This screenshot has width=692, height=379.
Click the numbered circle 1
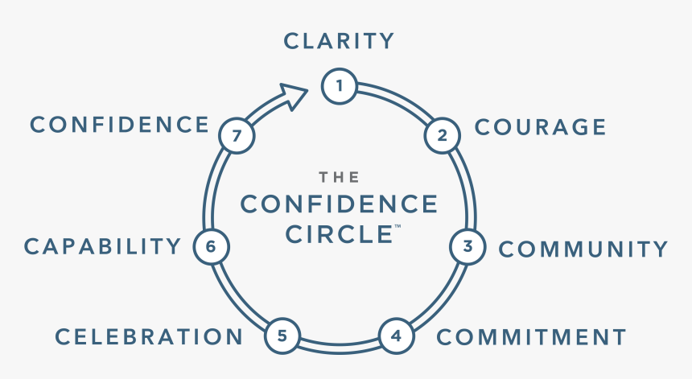(340, 86)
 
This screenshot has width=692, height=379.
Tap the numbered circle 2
(442, 135)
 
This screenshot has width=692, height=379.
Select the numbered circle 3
(467, 247)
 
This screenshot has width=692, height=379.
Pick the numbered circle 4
(396, 335)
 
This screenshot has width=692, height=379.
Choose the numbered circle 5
(282, 335)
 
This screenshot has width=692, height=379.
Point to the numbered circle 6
(211, 247)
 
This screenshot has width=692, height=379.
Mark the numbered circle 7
(237, 136)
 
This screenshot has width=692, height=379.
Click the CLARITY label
(339, 40)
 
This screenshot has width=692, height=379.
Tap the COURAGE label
(540, 127)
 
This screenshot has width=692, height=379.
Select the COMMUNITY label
(583, 249)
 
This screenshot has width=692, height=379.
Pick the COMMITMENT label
(531, 336)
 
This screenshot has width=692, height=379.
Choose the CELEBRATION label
(149, 336)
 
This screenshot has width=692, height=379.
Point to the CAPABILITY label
(103, 246)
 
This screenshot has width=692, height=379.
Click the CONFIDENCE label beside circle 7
(120, 125)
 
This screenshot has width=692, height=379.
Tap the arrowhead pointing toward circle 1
(295, 97)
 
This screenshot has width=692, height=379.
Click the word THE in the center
(339, 177)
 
